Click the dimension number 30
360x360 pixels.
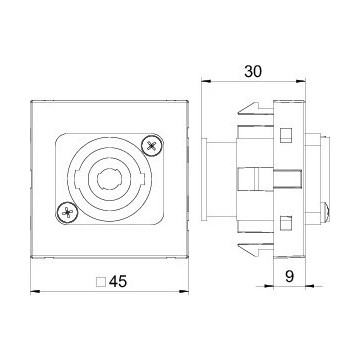pyautogui.click(x=253, y=71)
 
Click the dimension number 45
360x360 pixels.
pyautogui.click(x=118, y=282)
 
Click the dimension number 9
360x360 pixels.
pyautogui.click(x=290, y=277)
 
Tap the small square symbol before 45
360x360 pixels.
pyautogui.click(x=101, y=282)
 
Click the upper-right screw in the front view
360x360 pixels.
pyautogui.click(x=152, y=145)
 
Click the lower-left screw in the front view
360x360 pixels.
pyautogui.click(x=67, y=212)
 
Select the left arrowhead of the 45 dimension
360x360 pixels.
pyautogui.click(x=35, y=292)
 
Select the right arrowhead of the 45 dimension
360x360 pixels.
pyautogui.click(x=184, y=292)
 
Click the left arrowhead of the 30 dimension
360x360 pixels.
pyautogui.click(x=206, y=81)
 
